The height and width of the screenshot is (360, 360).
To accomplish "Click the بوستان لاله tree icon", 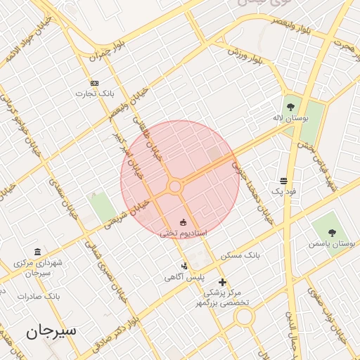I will point(290,108).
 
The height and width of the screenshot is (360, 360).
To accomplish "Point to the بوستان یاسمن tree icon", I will point(332,233).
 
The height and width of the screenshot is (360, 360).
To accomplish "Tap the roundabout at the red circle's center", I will point(175,186).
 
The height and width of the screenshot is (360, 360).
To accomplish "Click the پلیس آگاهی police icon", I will point(184,266).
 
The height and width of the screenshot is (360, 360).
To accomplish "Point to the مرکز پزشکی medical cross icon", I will point(222,281).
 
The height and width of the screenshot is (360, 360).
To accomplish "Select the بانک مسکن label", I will point(240,255).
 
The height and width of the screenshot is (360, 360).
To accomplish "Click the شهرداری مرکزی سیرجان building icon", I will point(37,252).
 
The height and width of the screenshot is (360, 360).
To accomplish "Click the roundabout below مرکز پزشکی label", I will point(244,317).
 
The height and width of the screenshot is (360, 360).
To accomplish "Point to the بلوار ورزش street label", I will point(245,55).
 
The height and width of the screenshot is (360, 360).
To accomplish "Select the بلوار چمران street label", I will point(111,49).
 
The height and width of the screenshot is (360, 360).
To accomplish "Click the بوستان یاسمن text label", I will point(332,244).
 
